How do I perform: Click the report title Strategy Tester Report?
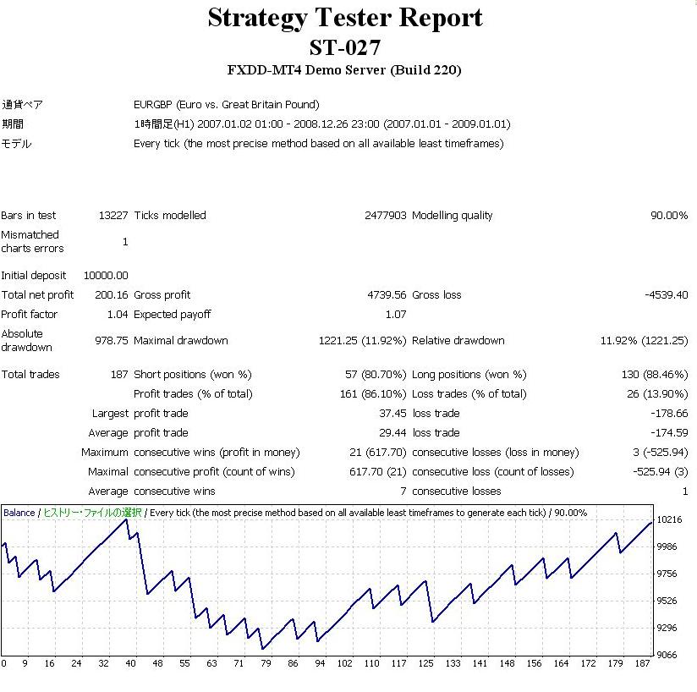pos(345,18)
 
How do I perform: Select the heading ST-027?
pos(344,47)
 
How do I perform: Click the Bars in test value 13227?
pos(113,216)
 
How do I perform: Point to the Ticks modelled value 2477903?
pos(385,216)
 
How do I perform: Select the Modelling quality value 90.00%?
pos(668,216)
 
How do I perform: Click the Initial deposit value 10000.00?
pos(106,276)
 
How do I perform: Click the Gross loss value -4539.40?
pos(666,295)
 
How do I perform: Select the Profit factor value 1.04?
pos(118,315)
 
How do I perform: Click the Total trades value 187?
pos(119,374)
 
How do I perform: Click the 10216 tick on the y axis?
pos(670,520)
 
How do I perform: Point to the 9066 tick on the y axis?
pos(667,655)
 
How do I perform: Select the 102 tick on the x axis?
pos(345,664)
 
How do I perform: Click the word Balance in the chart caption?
pos(19,513)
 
